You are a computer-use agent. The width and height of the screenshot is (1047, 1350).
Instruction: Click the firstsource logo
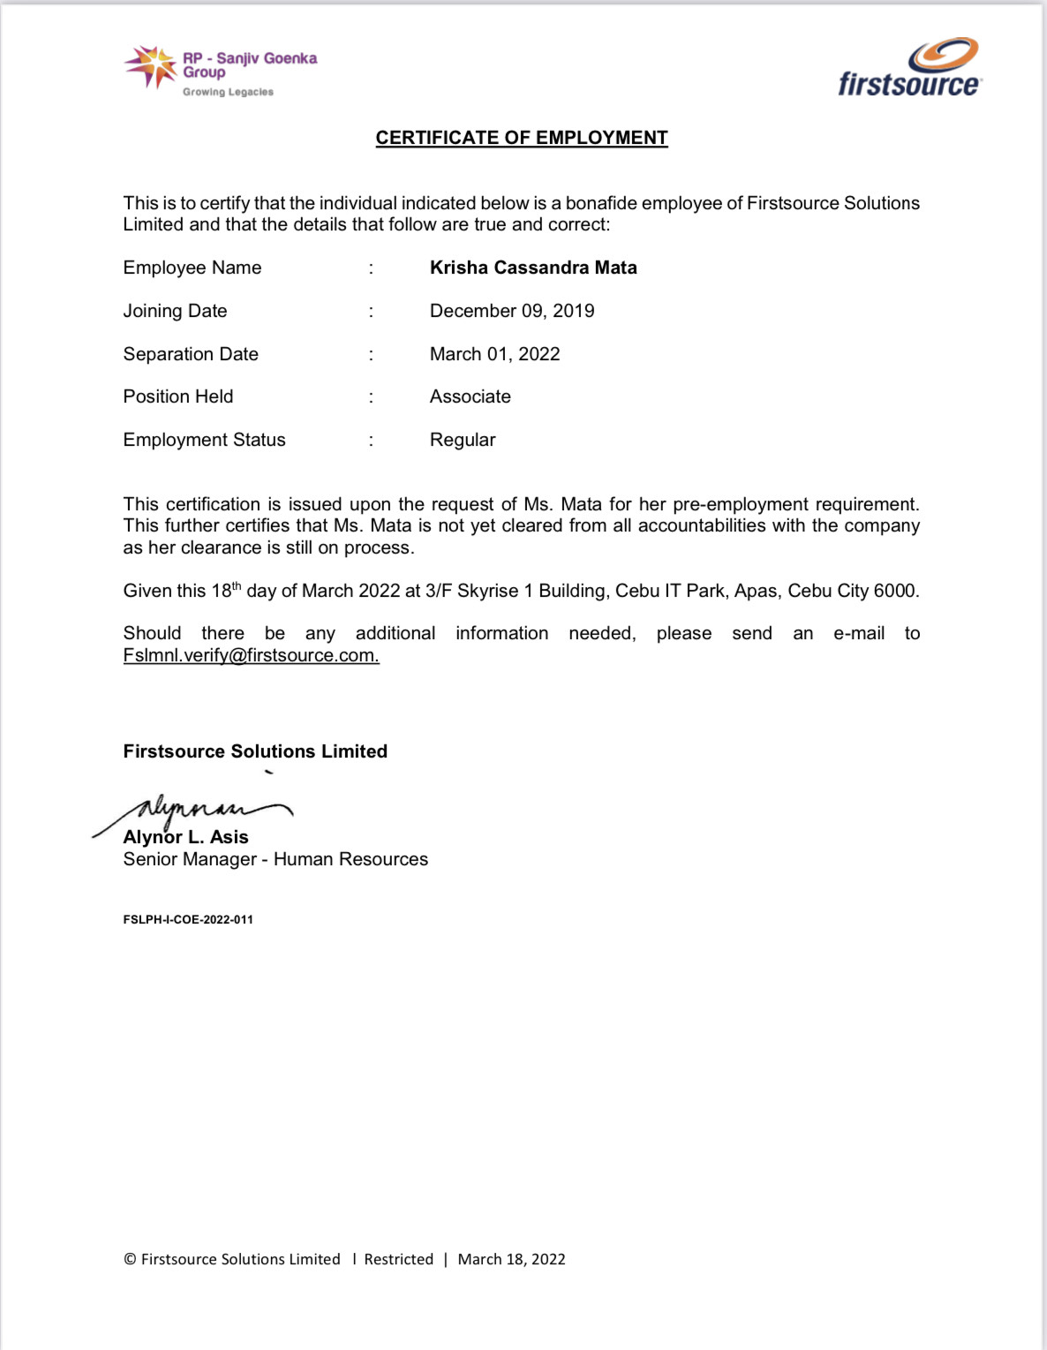[x=909, y=68]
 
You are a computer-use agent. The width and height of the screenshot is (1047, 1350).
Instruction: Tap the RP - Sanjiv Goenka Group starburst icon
[x=152, y=67]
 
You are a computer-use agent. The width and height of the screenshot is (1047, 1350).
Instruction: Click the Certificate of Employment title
[x=521, y=138]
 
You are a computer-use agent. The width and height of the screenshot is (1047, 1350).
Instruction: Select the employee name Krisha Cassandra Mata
[x=532, y=268]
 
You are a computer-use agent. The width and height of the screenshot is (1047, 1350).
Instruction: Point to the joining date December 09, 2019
[x=511, y=311]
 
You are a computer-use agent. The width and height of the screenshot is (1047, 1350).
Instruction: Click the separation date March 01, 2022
[x=494, y=354]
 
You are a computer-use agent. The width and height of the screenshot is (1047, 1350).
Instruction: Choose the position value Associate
[x=470, y=396]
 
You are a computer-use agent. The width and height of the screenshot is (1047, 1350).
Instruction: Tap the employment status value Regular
[x=462, y=440]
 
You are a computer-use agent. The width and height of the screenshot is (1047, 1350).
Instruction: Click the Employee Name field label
[x=192, y=268]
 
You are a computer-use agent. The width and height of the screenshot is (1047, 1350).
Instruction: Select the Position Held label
[x=177, y=396]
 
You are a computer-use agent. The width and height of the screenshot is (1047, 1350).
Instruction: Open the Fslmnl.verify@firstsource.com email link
[x=251, y=655]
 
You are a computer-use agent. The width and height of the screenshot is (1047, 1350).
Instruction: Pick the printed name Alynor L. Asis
[x=185, y=837]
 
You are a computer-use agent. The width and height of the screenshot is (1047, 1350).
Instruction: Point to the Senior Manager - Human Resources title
[x=275, y=859]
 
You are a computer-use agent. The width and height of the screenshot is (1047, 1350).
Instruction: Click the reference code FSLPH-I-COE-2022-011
[x=188, y=919]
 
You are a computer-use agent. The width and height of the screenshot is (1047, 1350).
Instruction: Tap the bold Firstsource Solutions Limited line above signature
[x=255, y=751]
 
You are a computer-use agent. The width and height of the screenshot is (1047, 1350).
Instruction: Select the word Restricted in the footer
[x=398, y=1259]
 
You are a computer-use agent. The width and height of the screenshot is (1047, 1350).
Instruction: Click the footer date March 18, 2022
[x=511, y=1259]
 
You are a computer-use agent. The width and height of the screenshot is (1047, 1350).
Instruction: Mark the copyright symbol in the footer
[x=130, y=1259]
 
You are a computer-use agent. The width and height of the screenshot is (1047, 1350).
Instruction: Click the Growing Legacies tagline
[x=228, y=92]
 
